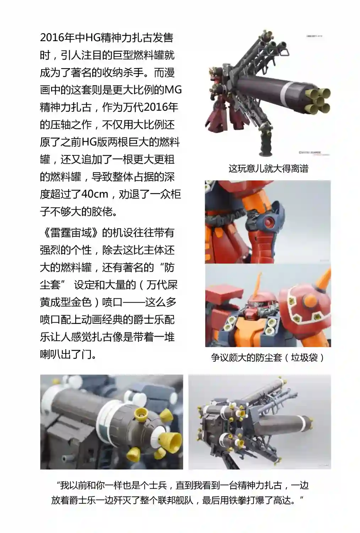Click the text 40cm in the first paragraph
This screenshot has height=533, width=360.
[95, 194]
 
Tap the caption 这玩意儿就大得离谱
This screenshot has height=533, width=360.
[268, 169]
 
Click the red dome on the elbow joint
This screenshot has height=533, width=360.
[268, 222]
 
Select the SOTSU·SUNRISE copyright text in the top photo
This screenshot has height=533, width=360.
[310, 153]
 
